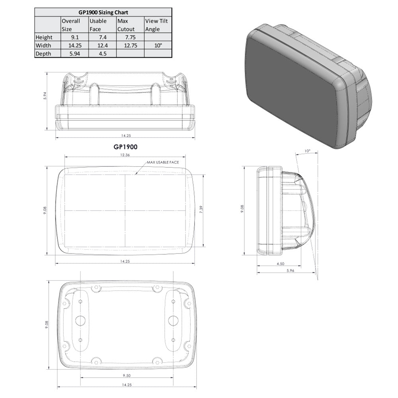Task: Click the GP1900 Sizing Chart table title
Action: point(103,12)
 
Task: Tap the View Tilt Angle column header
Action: point(158,25)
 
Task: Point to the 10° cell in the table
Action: point(158,45)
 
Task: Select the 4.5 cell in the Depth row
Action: point(102,54)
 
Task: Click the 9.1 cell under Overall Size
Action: point(74,37)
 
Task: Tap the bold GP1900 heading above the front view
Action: point(125,147)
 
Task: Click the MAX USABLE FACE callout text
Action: point(163,163)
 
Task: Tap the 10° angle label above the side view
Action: point(307,151)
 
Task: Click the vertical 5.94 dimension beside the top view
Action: point(45,96)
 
